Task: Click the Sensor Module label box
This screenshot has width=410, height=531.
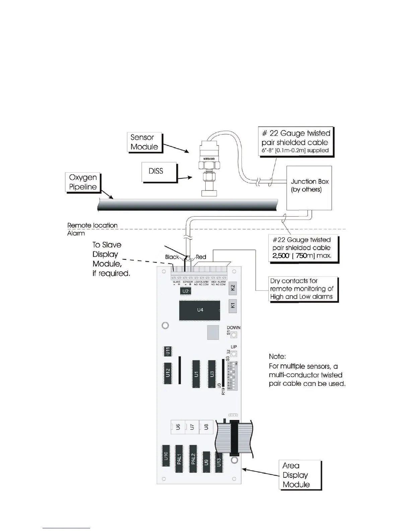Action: [x=145, y=142]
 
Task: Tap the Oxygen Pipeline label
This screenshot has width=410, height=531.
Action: [x=83, y=182]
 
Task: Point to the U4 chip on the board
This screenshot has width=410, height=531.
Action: [x=200, y=310]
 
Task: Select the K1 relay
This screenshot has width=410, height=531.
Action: [x=233, y=306]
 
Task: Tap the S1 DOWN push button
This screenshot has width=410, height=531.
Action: [x=234, y=335]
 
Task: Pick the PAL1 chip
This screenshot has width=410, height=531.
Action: [x=179, y=459]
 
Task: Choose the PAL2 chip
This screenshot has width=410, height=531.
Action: [x=193, y=459]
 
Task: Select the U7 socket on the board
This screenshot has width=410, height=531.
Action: [x=192, y=427]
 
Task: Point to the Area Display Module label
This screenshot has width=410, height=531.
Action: [x=300, y=475]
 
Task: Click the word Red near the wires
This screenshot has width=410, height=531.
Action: [x=201, y=257]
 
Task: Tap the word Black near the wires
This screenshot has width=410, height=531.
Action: [x=172, y=257]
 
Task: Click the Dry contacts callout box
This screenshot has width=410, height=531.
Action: [x=303, y=289]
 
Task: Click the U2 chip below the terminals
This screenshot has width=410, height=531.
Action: [x=185, y=291]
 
